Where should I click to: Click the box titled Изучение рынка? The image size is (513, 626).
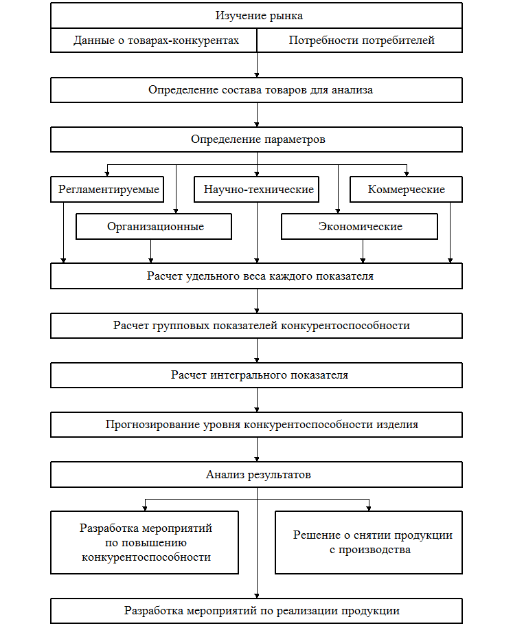[256, 15]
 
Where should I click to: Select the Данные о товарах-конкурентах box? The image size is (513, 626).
[155, 41]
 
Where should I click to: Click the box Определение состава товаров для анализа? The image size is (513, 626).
[256, 90]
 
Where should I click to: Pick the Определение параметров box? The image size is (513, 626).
[256, 139]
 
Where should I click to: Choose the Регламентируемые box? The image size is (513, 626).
[108, 190]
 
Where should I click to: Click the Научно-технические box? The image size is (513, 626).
[258, 190]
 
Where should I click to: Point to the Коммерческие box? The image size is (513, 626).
[406, 190]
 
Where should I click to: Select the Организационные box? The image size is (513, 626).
[155, 227]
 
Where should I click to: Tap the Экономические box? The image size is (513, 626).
[359, 227]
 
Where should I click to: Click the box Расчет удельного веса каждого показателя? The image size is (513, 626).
[256, 276]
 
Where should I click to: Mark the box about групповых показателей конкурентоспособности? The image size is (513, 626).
[256, 326]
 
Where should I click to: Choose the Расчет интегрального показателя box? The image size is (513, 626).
[256, 375]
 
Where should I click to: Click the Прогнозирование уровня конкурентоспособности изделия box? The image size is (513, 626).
[256, 425]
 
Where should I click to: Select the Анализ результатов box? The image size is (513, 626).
[256, 474]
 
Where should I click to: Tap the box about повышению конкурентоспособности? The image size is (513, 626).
[145, 542]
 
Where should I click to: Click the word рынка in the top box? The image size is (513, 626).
[286, 15]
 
